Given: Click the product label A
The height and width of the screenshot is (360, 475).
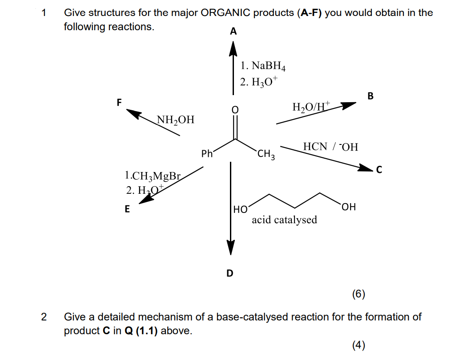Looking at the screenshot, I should (x=233, y=32).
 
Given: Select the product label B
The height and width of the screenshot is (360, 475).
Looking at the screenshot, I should (x=371, y=96).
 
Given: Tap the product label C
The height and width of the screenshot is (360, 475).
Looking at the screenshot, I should (x=379, y=169).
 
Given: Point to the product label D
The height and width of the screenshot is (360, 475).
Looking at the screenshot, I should (x=229, y=273).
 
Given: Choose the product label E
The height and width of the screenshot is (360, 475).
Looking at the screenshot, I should (x=127, y=209).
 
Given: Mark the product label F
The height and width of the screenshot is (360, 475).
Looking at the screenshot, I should (x=119, y=102).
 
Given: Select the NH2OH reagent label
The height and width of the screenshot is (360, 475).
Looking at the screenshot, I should (x=176, y=120).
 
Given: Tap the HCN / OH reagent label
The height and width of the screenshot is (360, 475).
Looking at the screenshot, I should (x=330, y=147).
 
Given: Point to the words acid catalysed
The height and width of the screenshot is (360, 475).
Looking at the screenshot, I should (x=284, y=220).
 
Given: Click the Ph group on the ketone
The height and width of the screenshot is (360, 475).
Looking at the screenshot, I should (x=207, y=154).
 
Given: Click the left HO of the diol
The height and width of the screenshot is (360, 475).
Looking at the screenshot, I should (x=241, y=208).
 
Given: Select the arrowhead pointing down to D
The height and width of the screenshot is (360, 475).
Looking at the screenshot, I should (x=230, y=248).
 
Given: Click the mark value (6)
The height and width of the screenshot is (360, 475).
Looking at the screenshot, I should (x=358, y=294).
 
